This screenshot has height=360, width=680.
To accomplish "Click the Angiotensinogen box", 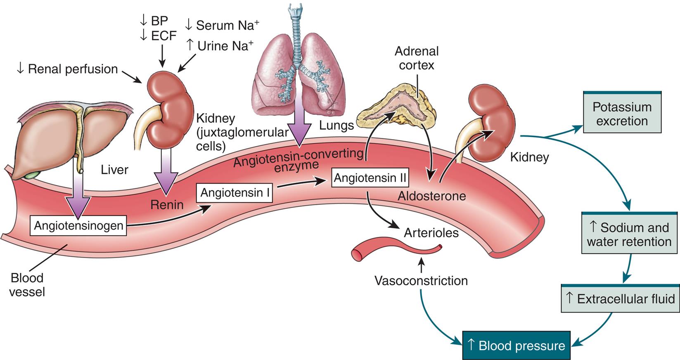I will pyautogui.click(x=78, y=225).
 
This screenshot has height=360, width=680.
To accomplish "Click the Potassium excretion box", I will pyautogui.click(x=622, y=114).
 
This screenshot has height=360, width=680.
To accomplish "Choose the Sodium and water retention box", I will pyautogui.click(x=629, y=234).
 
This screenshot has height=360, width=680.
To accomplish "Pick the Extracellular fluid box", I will pyautogui.click(x=621, y=299).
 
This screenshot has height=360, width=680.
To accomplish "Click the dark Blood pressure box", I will pyautogui.click(x=516, y=346).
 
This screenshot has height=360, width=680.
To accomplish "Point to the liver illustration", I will pyautogui.click(x=66, y=136).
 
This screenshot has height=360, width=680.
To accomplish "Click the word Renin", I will pyautogui.click(x=166, y=204).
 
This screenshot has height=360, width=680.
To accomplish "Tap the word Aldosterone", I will pyautogui.click(x=431, y=196).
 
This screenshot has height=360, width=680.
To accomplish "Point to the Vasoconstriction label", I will pyautogui.click(x=421, y=281).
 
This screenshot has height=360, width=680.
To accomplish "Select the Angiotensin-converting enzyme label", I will pyautogui.click(x=297, y=159).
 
